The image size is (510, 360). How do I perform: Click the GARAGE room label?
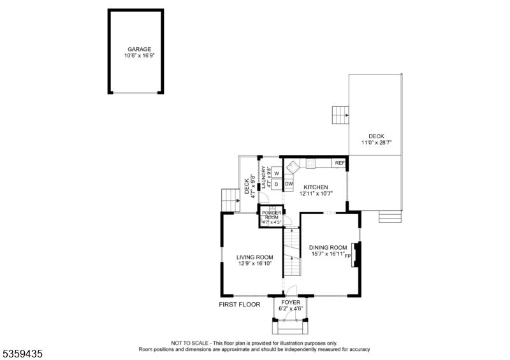139,50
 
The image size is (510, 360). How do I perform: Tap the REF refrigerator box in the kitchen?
339,163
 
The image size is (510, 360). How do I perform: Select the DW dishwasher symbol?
289,184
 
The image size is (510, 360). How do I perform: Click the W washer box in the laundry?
277,173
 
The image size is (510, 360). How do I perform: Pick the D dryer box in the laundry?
277,184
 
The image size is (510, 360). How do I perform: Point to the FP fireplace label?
347,256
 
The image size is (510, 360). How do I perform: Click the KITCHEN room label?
316,187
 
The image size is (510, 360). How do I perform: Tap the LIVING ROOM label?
254,257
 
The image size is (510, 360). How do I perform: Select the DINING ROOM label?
328,247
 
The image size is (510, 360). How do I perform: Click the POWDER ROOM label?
272,215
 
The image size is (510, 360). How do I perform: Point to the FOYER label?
291,303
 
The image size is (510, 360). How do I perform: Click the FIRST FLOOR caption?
240,305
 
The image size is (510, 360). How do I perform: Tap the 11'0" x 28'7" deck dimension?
376,143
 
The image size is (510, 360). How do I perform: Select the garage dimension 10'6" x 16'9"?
139,55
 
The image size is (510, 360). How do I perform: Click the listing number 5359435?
22,354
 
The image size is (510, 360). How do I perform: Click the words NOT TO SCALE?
189,343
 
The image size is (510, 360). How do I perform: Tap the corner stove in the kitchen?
293,166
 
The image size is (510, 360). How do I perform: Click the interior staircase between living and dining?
292,252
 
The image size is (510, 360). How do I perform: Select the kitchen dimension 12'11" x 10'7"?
316,194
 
